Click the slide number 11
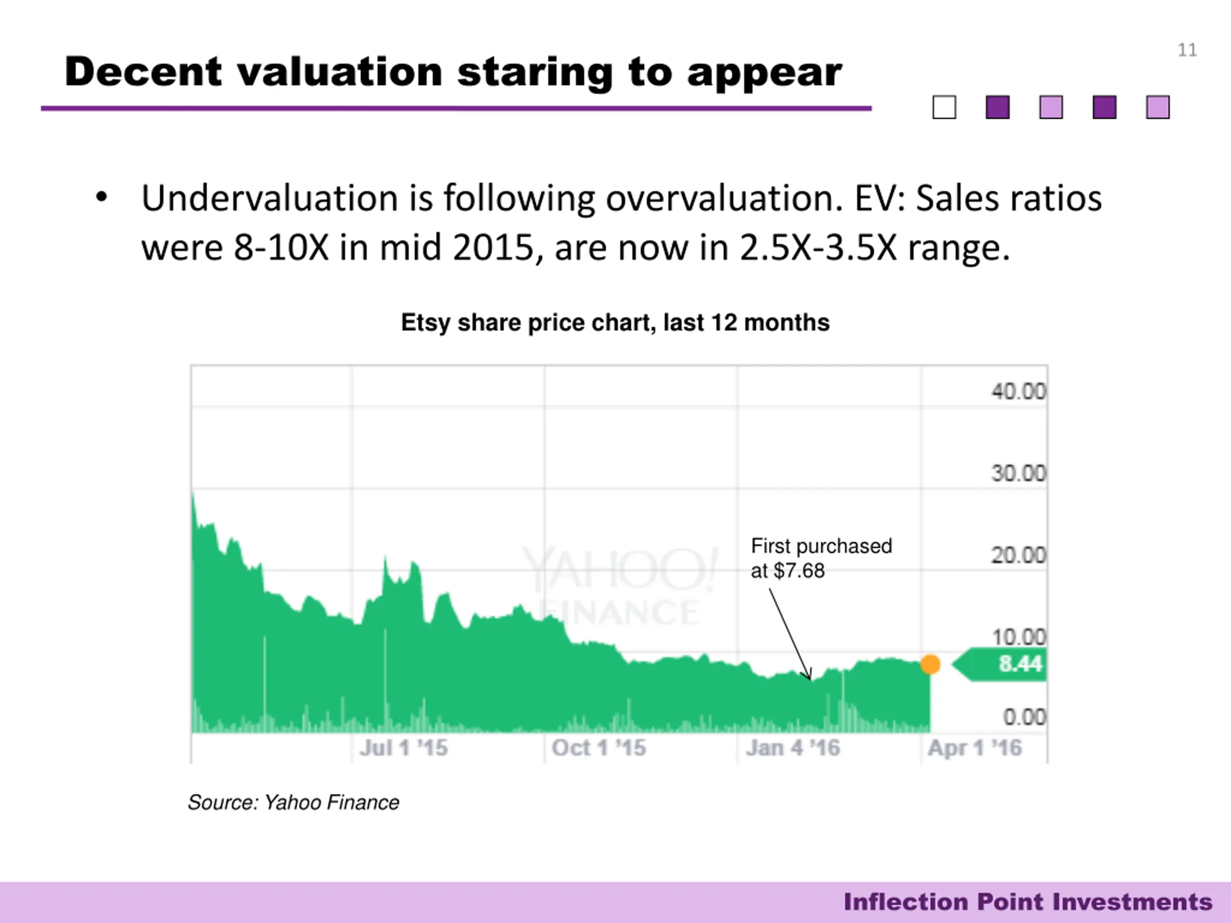tap(1187, 50)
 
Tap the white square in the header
tap(944, 107)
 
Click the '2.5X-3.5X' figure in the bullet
tap(818, 248)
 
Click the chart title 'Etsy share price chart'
tap(615, 323)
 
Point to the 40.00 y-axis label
tap(1018, 392)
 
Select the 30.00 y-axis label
tap(1018, 474)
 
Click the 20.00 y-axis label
tap(1018, 555)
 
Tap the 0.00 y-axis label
tap(1024, 717)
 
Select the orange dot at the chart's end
tap(930, 664)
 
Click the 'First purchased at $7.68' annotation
tap(821, 558)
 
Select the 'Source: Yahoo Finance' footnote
tap(293, 802)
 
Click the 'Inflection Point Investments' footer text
tap(1027, 902)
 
